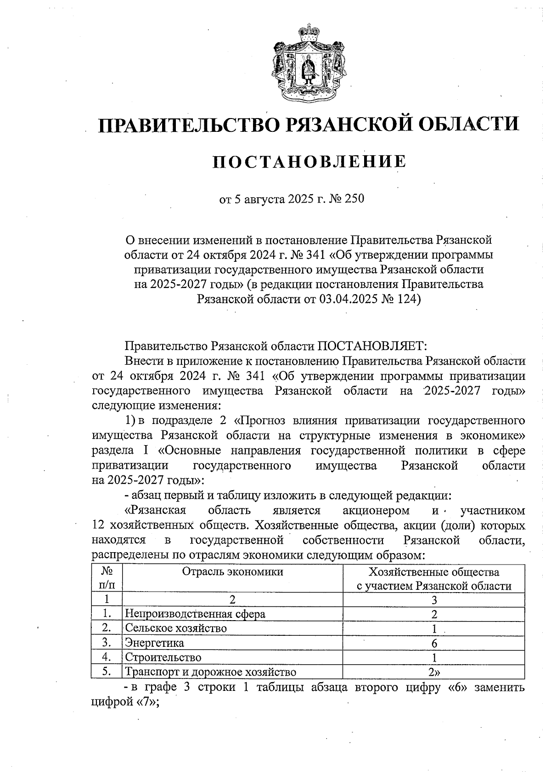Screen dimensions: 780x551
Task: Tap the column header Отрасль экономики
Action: click(x=232, y=571)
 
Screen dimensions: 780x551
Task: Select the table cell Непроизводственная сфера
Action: click(x=195, y=614)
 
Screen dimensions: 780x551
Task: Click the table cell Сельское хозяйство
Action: click(x=176, y=628)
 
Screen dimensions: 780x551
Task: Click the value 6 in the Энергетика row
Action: click(x=434, y=643)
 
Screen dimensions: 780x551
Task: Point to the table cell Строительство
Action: click(x=163, y=657)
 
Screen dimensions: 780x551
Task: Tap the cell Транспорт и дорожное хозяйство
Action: click(x=210, y=672)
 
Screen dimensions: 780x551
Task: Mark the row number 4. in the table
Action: click(x=107, y=657)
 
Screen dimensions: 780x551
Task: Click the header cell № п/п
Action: click(x=107, y=579)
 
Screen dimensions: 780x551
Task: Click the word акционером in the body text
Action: click(x=376, y=510)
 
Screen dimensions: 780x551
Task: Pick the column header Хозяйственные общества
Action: click(x=434, y=572)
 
